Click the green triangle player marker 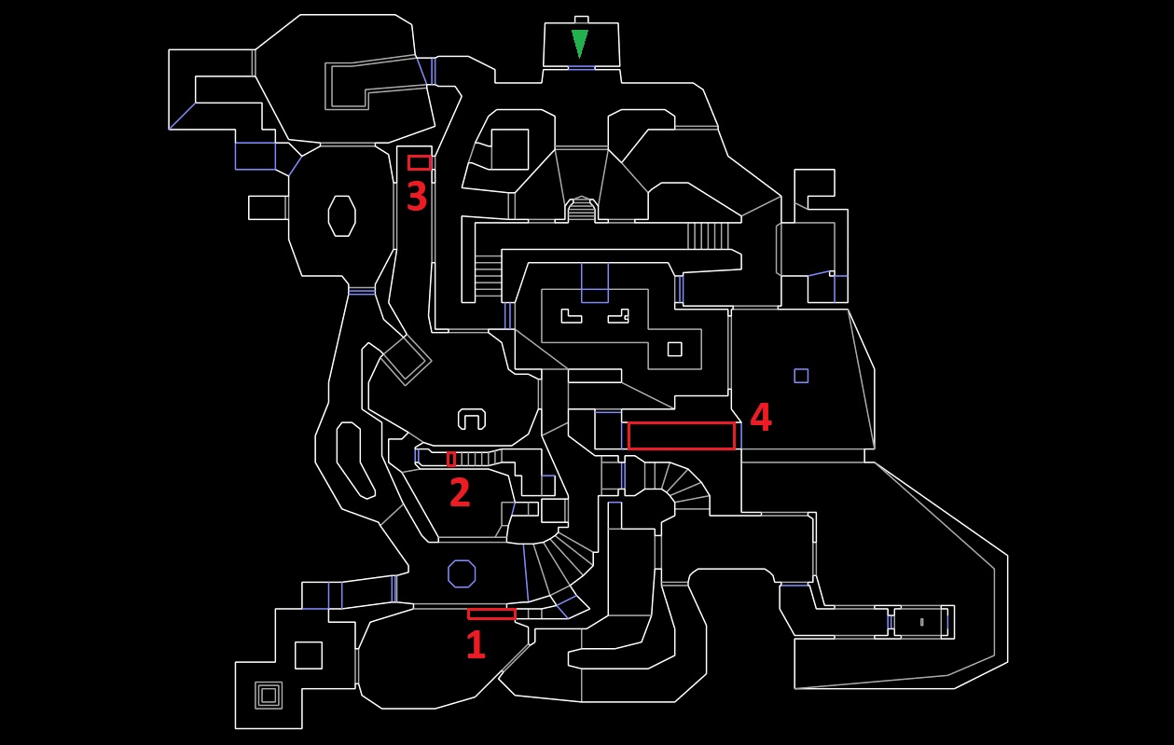pos(579,43)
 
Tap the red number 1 pos(476,644)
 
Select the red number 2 pos(460,492)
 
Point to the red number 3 pos(417,197)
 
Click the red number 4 pos(761,417)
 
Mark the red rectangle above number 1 pos(491,614)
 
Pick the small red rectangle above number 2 pos(451,460)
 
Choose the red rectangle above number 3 pos(420,162)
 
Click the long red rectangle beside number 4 pos(682,435)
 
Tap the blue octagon pos(462,573)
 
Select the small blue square pos(801,376)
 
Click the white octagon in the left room pos(341,215)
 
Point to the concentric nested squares pos(269,696)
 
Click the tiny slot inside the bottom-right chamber pos(922,622)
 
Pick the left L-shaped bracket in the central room pos(571,316)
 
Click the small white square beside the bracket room pos(674,349)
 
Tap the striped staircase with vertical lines pos(708,236)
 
